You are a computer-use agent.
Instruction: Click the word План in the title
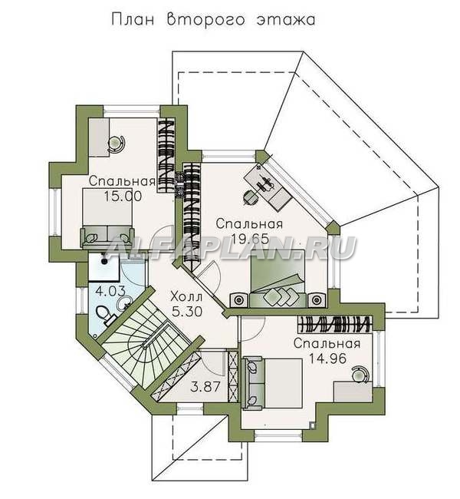133,19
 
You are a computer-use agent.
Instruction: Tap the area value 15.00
123,197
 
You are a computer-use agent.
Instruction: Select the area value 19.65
250,238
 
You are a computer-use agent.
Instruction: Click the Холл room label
186,297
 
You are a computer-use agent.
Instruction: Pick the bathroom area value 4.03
108,291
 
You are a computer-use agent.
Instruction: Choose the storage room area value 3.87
205,387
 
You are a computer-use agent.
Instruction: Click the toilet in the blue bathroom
104,315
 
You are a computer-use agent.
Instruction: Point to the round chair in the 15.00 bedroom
116,144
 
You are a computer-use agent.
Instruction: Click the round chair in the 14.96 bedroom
360,373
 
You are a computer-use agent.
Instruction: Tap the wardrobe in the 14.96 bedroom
334,324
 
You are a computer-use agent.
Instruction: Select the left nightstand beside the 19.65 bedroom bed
238,299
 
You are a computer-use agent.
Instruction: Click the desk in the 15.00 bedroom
99,137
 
